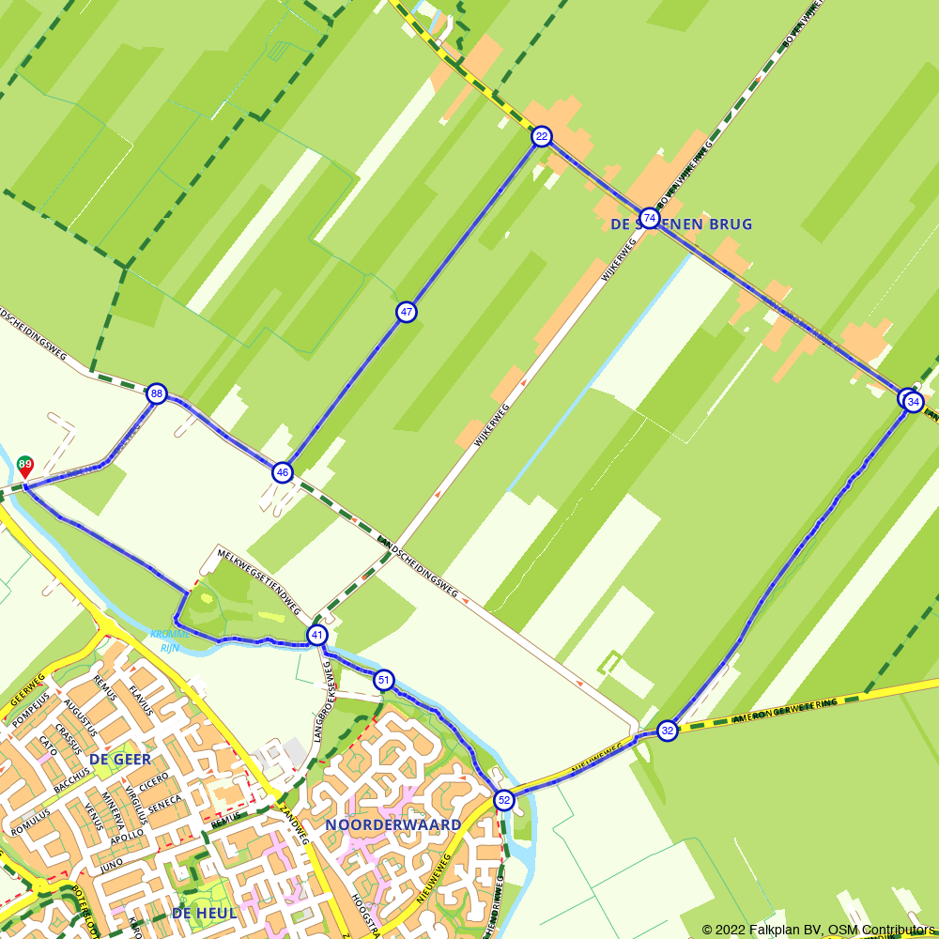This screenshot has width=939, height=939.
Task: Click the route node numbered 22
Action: point(541,137)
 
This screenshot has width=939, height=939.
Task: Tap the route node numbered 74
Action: point(649,219)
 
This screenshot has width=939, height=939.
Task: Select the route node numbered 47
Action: point(406,312)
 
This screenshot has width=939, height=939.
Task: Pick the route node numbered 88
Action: point(157,394)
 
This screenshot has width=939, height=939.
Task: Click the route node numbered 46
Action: point(282,472)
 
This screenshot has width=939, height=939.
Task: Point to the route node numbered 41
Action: point(317,636)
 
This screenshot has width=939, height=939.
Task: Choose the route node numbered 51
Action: point(383,680)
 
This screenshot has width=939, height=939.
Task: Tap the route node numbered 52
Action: point(504,800)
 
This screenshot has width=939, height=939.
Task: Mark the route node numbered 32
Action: point(667,731)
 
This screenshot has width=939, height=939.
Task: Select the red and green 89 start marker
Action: point(25,465)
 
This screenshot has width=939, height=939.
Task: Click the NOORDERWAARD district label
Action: point(393,825)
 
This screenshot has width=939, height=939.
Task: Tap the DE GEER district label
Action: point(120,759)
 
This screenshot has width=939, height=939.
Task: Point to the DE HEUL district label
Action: point(205,913)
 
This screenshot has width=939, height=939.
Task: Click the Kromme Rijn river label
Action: point(170,640)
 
